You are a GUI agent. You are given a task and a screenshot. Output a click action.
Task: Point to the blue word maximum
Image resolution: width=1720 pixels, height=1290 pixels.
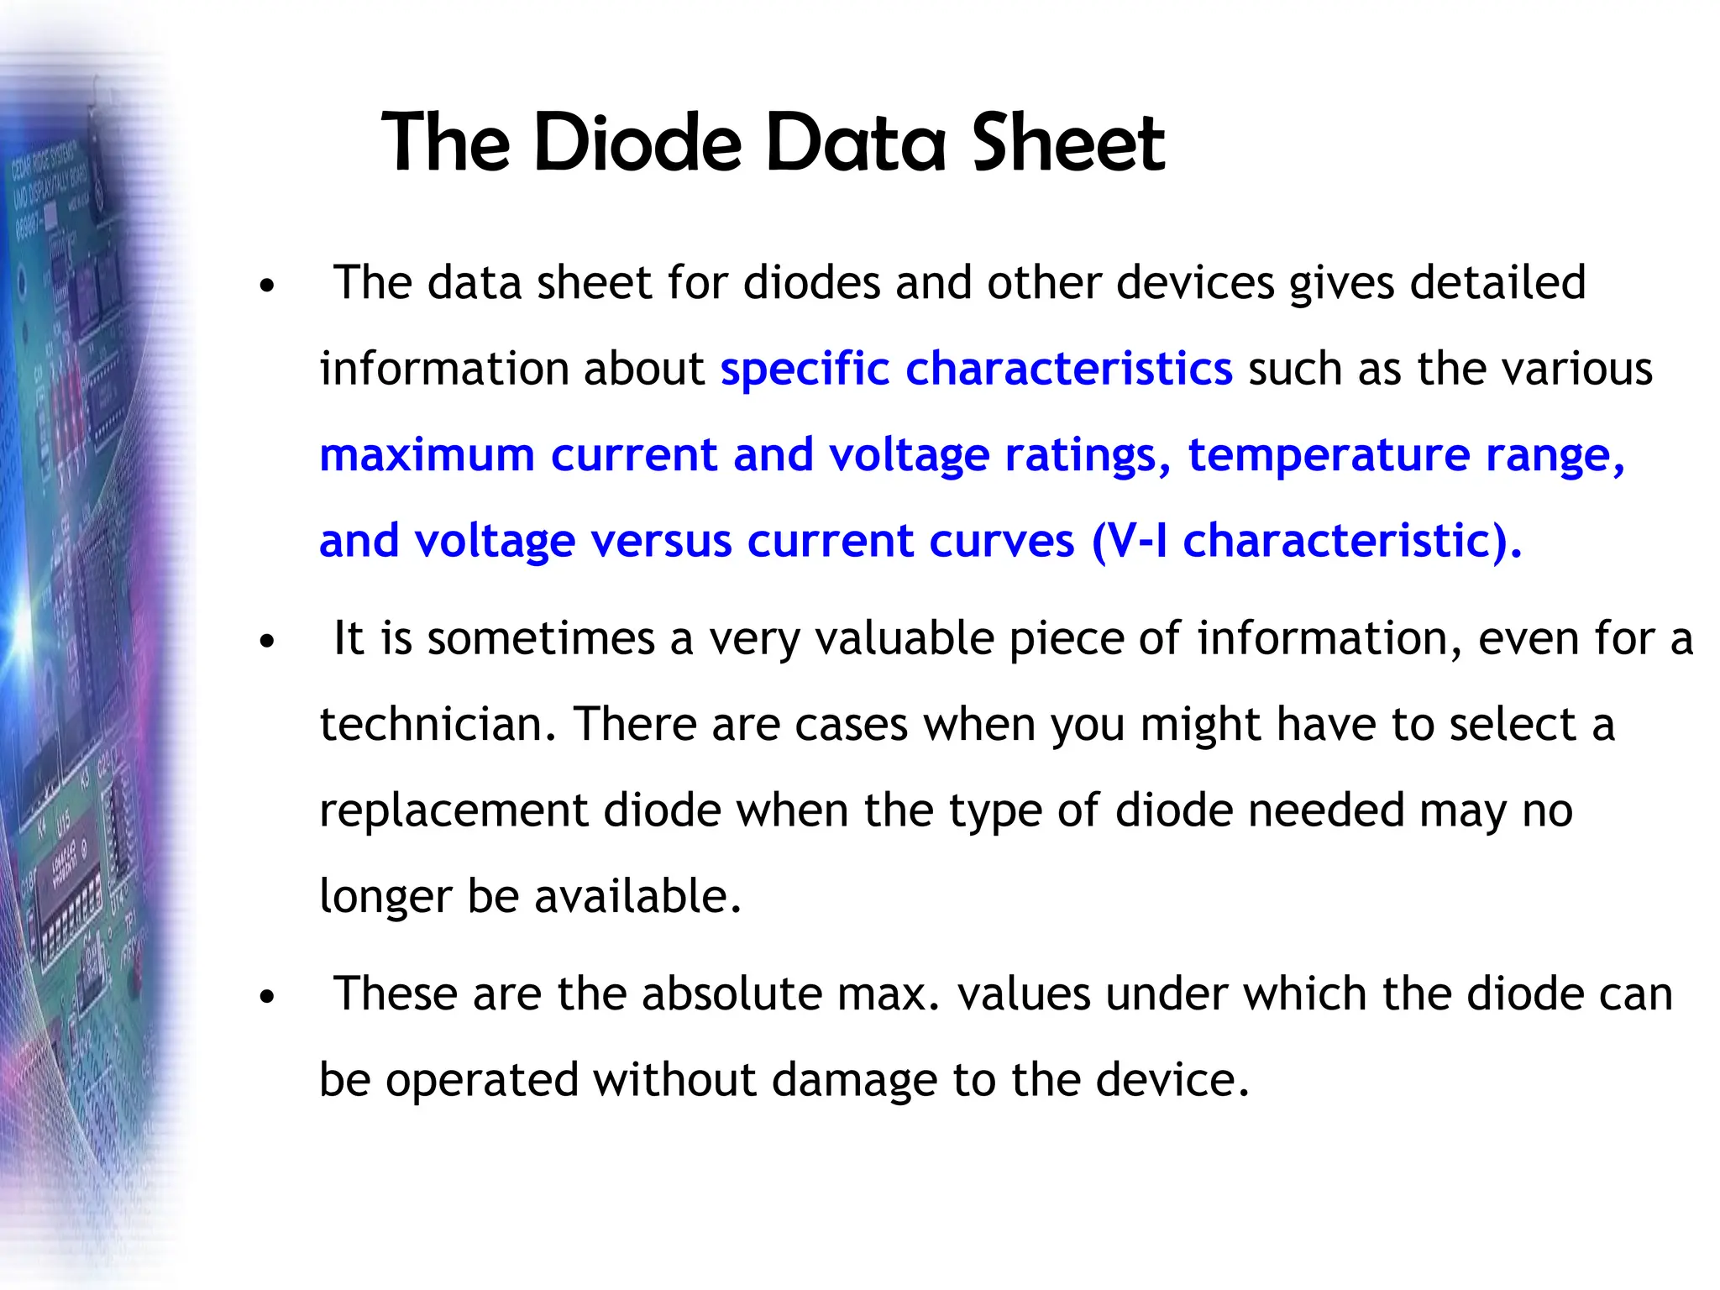tap(427, 455)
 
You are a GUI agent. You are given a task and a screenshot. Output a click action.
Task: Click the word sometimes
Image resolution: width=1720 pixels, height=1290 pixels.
tap(541, 638)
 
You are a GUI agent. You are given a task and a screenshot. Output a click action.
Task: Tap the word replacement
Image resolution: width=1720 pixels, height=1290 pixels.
tap(454, 811)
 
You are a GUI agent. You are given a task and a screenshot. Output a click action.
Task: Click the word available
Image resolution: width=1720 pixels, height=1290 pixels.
tap(638, 896)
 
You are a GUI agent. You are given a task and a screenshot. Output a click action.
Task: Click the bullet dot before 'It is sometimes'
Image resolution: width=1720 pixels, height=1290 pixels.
tap(267, 642)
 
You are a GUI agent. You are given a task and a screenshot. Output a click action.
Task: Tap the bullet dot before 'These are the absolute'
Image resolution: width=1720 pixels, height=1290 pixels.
tap(267, 998)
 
